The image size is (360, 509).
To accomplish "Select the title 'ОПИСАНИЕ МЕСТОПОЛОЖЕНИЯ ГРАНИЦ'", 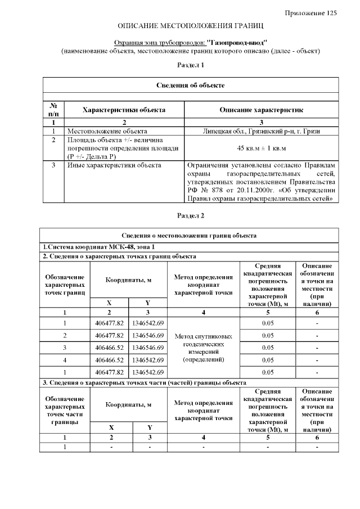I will tap(190, 26).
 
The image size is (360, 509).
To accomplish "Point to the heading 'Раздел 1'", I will tap(190, 65).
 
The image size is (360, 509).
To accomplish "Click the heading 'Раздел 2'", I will tap(190, 215).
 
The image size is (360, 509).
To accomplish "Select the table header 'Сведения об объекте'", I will tap(190, 85).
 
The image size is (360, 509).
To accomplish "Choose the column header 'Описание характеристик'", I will tap(261, 110).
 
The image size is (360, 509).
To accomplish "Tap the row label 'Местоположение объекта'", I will tap(103, 130).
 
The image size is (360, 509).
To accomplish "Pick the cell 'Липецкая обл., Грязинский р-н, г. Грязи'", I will tap(261, 130).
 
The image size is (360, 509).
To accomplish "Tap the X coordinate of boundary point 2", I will tap(109, 335).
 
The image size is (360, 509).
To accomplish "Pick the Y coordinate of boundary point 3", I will tap(148, 348).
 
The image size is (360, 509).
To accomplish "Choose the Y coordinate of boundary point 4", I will tap(148, 360).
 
